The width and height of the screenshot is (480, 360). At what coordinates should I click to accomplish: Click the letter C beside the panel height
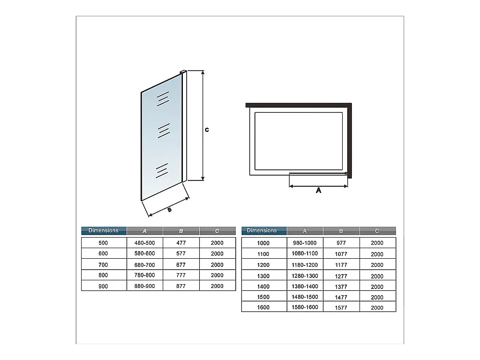click(206, 130)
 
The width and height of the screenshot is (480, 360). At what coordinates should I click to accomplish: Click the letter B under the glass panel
click(169, 209)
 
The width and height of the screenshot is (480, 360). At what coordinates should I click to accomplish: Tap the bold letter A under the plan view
click(318, 191)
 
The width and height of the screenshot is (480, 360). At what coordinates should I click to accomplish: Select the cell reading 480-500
click(144, 243)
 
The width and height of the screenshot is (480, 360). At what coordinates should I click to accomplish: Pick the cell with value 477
click(181, 243)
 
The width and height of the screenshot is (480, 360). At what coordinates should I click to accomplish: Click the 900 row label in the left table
click(103, 286)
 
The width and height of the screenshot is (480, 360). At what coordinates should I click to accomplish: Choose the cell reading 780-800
click(144, 276)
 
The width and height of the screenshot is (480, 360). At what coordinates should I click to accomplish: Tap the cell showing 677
click(181, 264)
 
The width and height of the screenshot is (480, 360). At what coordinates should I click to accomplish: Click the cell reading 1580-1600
click(305, 307)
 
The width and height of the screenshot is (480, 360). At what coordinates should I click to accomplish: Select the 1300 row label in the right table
click(264, 276)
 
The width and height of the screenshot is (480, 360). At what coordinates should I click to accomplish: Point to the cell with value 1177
click(341, 265)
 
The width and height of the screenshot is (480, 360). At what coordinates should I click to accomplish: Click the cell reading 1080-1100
click(305, 253)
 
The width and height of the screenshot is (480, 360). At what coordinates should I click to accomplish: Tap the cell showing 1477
click(341, 297)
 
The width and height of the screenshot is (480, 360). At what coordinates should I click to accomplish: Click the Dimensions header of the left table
click(104, 231)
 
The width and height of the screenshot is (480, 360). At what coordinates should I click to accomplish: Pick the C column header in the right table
click(377, 231)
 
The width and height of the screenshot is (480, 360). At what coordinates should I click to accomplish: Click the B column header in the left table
click(181, 231)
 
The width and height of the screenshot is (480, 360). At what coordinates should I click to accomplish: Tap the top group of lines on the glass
click(163, 98)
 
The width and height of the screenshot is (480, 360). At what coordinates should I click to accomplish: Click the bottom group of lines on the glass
click(162, 170)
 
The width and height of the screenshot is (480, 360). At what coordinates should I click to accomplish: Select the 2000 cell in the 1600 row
click(377, 308)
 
